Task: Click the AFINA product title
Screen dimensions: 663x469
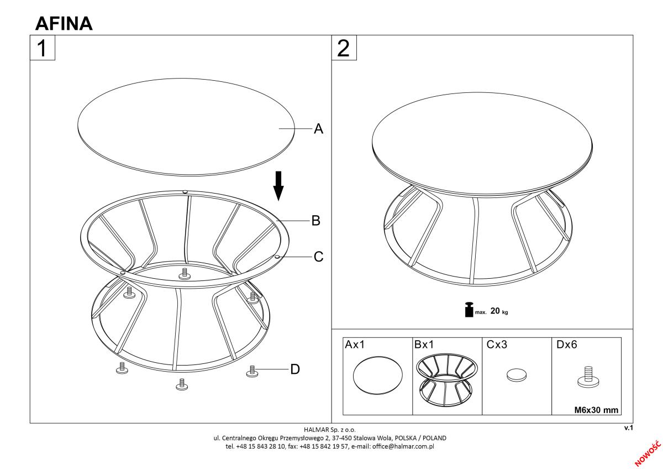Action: click(x=64, y=23)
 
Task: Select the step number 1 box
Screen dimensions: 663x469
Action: click(x=43, y=48)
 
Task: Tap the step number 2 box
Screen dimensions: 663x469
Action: click(x=344, y=48)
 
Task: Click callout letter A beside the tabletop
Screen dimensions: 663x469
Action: click(x=318, y=128)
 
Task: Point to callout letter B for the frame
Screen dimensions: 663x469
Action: click(x=316, y=221)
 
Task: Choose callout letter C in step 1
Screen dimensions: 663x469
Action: click(x=318, y=257)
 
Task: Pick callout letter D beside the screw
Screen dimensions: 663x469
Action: click(x=295, y=369)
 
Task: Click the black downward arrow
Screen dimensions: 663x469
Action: click(x=278, y=186)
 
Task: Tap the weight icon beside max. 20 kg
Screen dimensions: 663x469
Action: click(x=469, y=310)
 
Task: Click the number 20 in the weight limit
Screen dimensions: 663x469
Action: click(x=495, y=311)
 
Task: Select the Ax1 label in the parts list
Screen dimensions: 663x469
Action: click(x=355, y=344)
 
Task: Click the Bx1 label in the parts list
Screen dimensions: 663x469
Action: click(x=424, y=344)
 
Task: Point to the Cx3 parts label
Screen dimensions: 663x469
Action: click(x=497, y=344)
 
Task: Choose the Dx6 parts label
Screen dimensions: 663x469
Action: click(x=566, y=344)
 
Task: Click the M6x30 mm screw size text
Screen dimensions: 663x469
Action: click(x=596, y=410)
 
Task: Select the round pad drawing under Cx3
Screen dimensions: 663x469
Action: click(x=517, y=374)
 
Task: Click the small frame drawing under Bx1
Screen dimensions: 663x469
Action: click(x=447, y=379)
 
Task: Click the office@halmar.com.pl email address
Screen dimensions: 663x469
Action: click(x=403, y=446)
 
